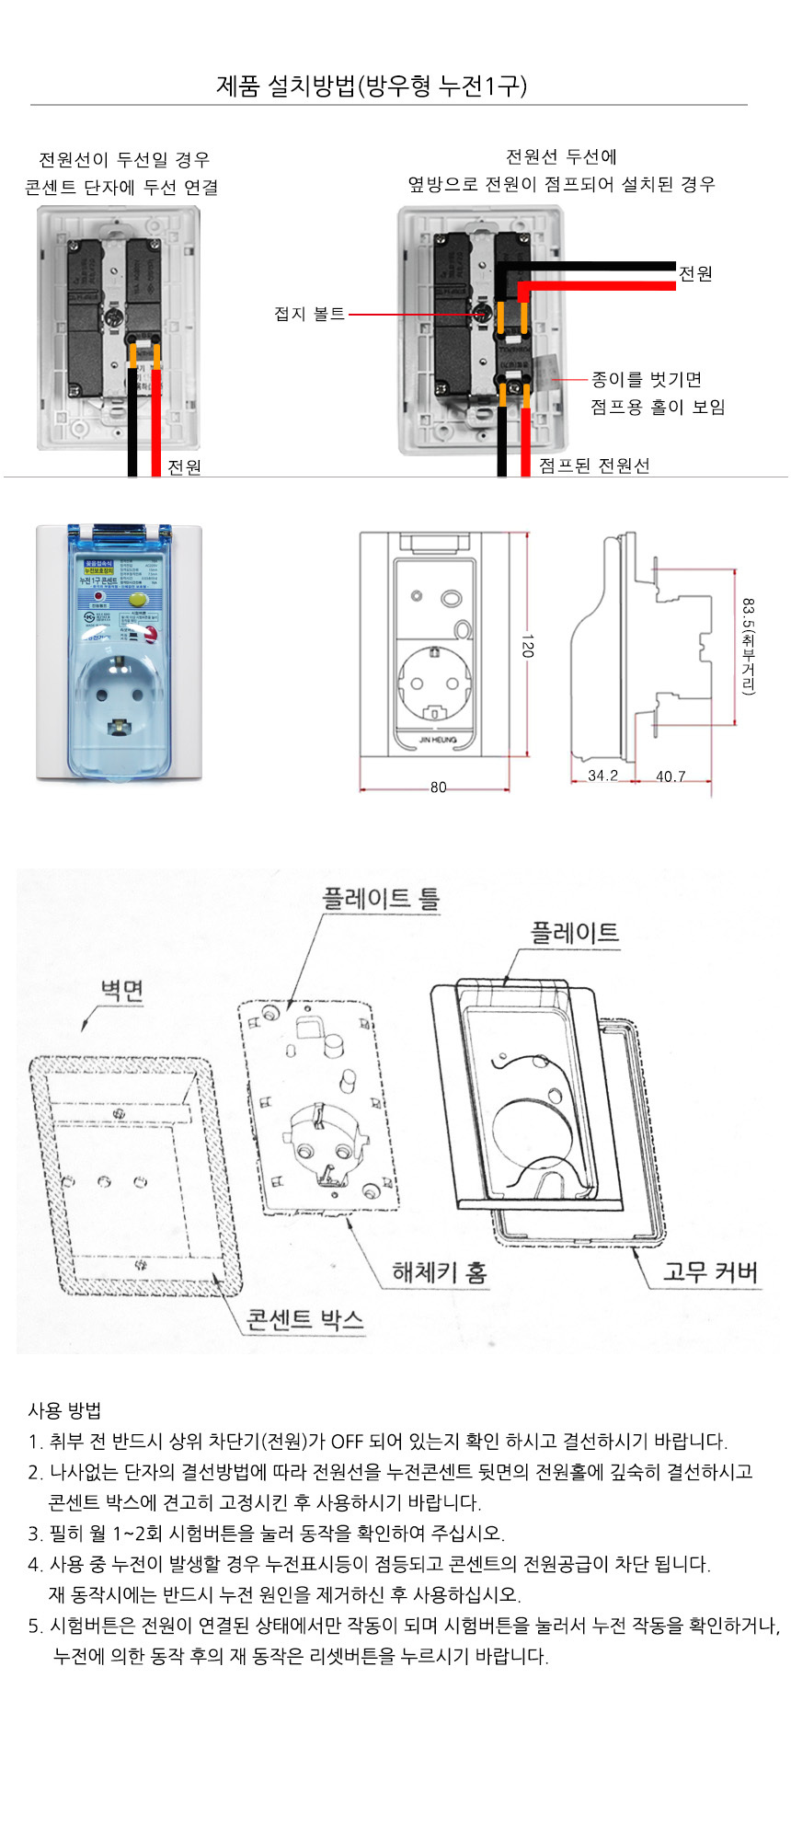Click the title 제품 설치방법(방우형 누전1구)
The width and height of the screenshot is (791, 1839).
[372, 86]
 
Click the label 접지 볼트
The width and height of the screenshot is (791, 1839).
[309, 315]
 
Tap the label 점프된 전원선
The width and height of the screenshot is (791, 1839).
[594, 465]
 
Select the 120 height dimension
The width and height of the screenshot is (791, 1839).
[527, 644]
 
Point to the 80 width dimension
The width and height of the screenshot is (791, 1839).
[438, 787]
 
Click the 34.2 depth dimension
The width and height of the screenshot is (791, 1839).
[602, 776]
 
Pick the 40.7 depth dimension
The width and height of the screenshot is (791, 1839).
[671, 776]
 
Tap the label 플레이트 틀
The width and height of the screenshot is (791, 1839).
[381, 899]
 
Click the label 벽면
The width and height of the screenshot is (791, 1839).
[121, 991]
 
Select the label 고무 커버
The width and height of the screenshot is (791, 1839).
[710, 1272]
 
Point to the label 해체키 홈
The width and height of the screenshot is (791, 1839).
[440, 1272]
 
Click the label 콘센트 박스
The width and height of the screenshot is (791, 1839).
[305, 1320]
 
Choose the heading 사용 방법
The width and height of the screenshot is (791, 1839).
[64, 1410]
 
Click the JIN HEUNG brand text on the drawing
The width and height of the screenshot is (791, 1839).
[438, 740]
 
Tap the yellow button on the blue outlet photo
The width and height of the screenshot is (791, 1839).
[139, 598]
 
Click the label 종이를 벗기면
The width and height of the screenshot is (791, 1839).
[647, 380]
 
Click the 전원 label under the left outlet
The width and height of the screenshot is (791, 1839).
[184, 467]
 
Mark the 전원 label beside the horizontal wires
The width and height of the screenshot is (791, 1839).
[695, 274]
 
